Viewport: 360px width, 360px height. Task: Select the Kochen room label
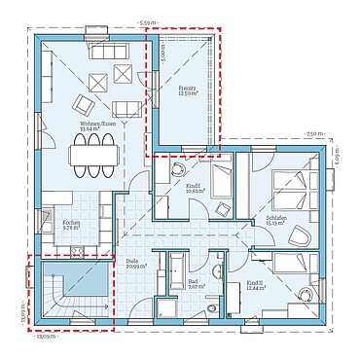pyautogui.click(x=71, y=225)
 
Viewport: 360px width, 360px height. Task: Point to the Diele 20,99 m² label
pyautogui.click(x=133, y=264)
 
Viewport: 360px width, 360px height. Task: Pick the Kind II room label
pyautogui.click(x=255, y=286)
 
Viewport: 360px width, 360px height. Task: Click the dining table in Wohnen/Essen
pyautogui.click(x=94, y=155)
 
